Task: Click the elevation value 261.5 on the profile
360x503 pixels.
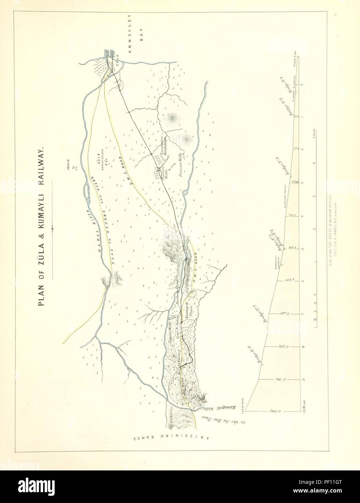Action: (x=280, y=379)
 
